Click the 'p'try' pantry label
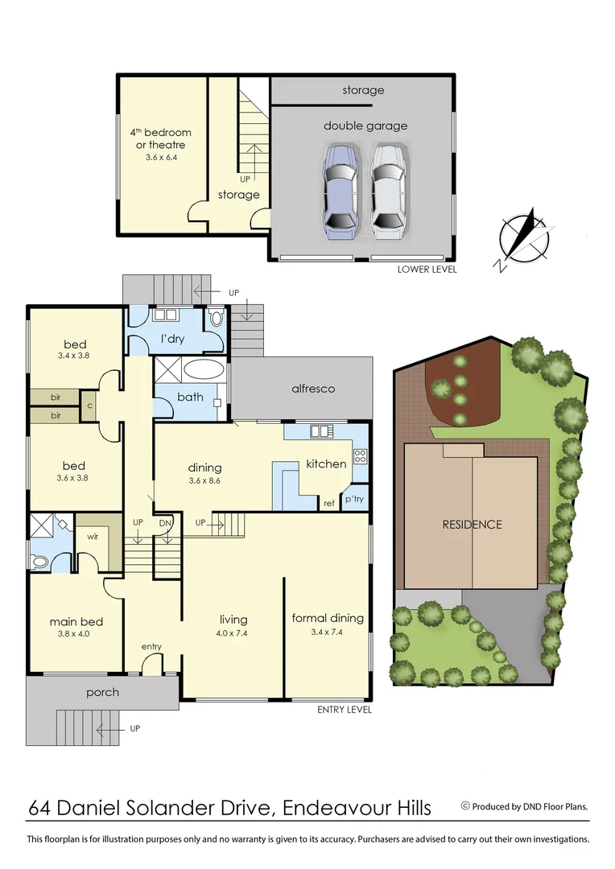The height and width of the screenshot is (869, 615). tap(355, 499)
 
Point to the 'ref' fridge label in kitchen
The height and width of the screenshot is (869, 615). tap(328, 505)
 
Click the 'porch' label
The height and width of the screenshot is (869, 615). tap(102, 692)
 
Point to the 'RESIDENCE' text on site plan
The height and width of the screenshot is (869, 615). tap(472, 525)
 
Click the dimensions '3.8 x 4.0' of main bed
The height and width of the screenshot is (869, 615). tap(76, 635)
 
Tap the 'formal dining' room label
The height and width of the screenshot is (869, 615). tap(328, 618)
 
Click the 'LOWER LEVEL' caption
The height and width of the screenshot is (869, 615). tap(427, 270)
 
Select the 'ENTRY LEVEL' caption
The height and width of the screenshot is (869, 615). tap(344, 710)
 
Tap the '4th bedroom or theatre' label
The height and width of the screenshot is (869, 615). tap(161, 138)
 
